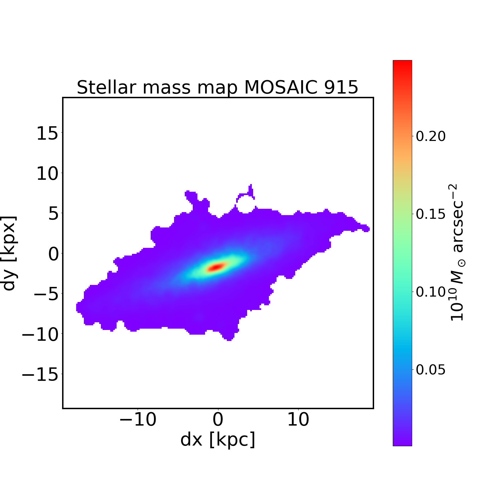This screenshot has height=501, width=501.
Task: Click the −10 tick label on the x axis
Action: tap(138, 420)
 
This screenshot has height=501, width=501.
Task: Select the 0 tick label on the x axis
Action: tap(218, 420)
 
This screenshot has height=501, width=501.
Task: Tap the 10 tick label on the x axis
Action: tap(298, 420)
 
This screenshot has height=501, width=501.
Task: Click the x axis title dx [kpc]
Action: tap(218, 440)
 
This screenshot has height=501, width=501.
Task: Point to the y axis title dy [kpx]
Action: tap(9, 253)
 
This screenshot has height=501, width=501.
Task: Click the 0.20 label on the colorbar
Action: tap(431, 136)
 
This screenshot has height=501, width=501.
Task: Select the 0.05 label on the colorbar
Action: tap(431, 370)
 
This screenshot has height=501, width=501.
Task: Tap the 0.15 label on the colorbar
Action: tap(431, 214)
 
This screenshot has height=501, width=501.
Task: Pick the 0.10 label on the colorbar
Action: tap(431, 292)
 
